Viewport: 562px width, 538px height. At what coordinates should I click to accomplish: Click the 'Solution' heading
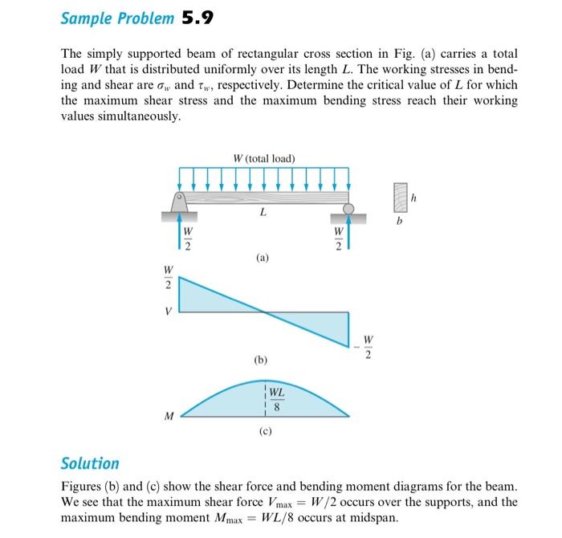(90, 463)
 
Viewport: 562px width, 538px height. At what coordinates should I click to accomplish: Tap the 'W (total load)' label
(263, 158)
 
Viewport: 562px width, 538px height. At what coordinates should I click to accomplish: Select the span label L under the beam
(263, 213)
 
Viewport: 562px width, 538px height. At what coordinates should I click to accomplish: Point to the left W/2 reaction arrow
(179, 236)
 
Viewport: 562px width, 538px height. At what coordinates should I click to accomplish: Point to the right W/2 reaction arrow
(349, 236)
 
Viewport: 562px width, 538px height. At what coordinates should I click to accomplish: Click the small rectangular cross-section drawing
(399, 196)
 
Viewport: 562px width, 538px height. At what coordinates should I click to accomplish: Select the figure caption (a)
(263, 259)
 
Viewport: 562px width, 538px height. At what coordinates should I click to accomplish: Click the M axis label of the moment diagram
(169, 416)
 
